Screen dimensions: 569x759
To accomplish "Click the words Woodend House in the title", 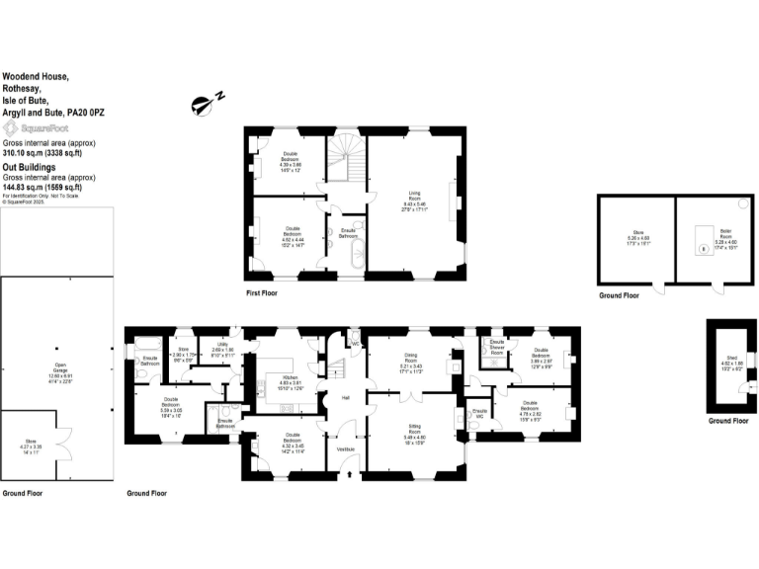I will click(x=36, y=74).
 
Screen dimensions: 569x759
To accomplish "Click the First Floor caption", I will click(x=262, y=293).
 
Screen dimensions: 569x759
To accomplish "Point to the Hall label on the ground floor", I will click(x=346, y=398).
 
